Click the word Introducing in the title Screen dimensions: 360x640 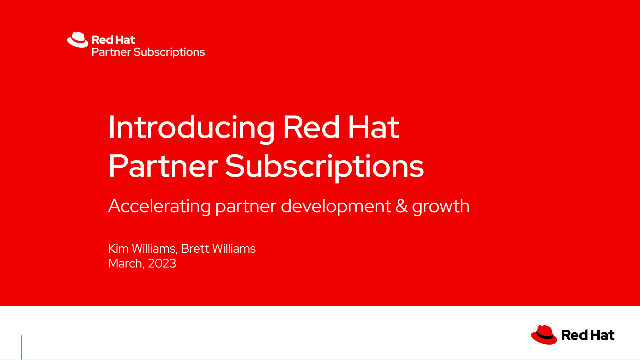pos(191,129)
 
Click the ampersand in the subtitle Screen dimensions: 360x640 pos(407,208)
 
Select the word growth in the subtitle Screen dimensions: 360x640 pos(444,208)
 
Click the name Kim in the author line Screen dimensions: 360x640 pos(118,249)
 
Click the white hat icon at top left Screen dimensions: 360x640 pos(77,40)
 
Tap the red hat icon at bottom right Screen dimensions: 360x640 pos(543,333)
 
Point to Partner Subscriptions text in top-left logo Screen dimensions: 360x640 pos(148,51)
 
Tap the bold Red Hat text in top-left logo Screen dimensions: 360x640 pos(107,39)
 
